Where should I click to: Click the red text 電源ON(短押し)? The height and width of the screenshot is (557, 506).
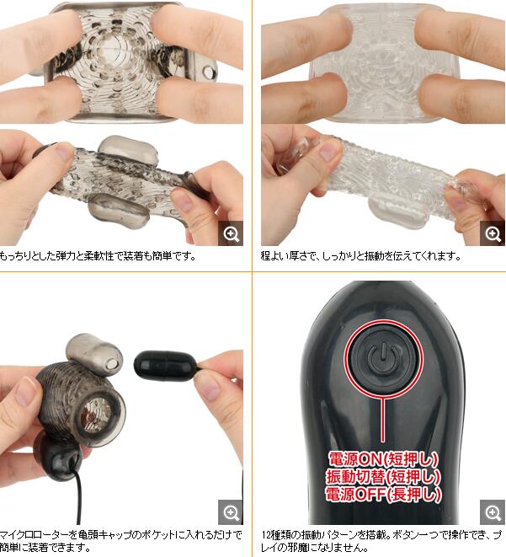[x=383, y=459]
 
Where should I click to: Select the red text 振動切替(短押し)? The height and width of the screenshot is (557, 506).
[x=383, y=476]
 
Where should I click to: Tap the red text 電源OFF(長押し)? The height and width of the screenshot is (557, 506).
[x=383, y=494]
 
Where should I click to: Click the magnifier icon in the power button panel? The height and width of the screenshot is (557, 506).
[x=493, y=512]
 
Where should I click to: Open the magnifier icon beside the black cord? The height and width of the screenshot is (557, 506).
[x=231, y=512]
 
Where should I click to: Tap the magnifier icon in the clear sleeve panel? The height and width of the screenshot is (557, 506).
[x=493, y=233]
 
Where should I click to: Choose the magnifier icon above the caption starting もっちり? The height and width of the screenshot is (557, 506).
[x=231, y=233]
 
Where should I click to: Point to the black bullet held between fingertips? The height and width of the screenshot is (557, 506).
[x=166, y=366]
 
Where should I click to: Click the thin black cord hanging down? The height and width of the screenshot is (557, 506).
[x=79, y=497]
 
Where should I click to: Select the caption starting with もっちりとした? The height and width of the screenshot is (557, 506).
[x=97, y=256]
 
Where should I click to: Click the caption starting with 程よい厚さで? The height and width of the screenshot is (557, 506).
[x=360, y=256]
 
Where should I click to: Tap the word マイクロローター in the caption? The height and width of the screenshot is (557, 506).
[x=35, y=534]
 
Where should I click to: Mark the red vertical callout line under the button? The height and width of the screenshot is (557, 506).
[x=383, y=420]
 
